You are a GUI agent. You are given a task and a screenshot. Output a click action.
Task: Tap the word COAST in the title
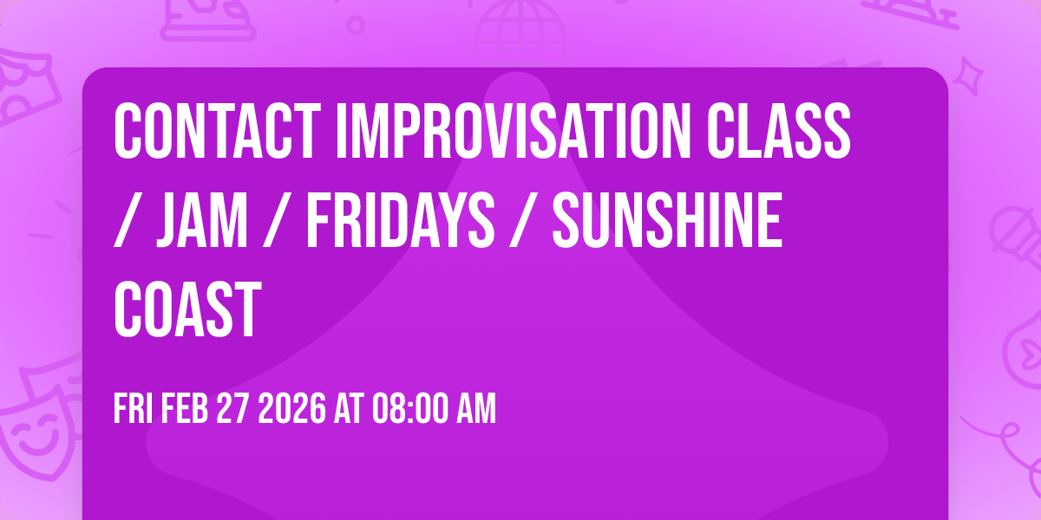pyautogui.click(x=187, y=309)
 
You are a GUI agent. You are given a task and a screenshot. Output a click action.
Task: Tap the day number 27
pyautogui.click(x=233, y=410)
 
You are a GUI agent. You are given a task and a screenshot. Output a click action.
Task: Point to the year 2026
pyautogui.click(x=292, y=410)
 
